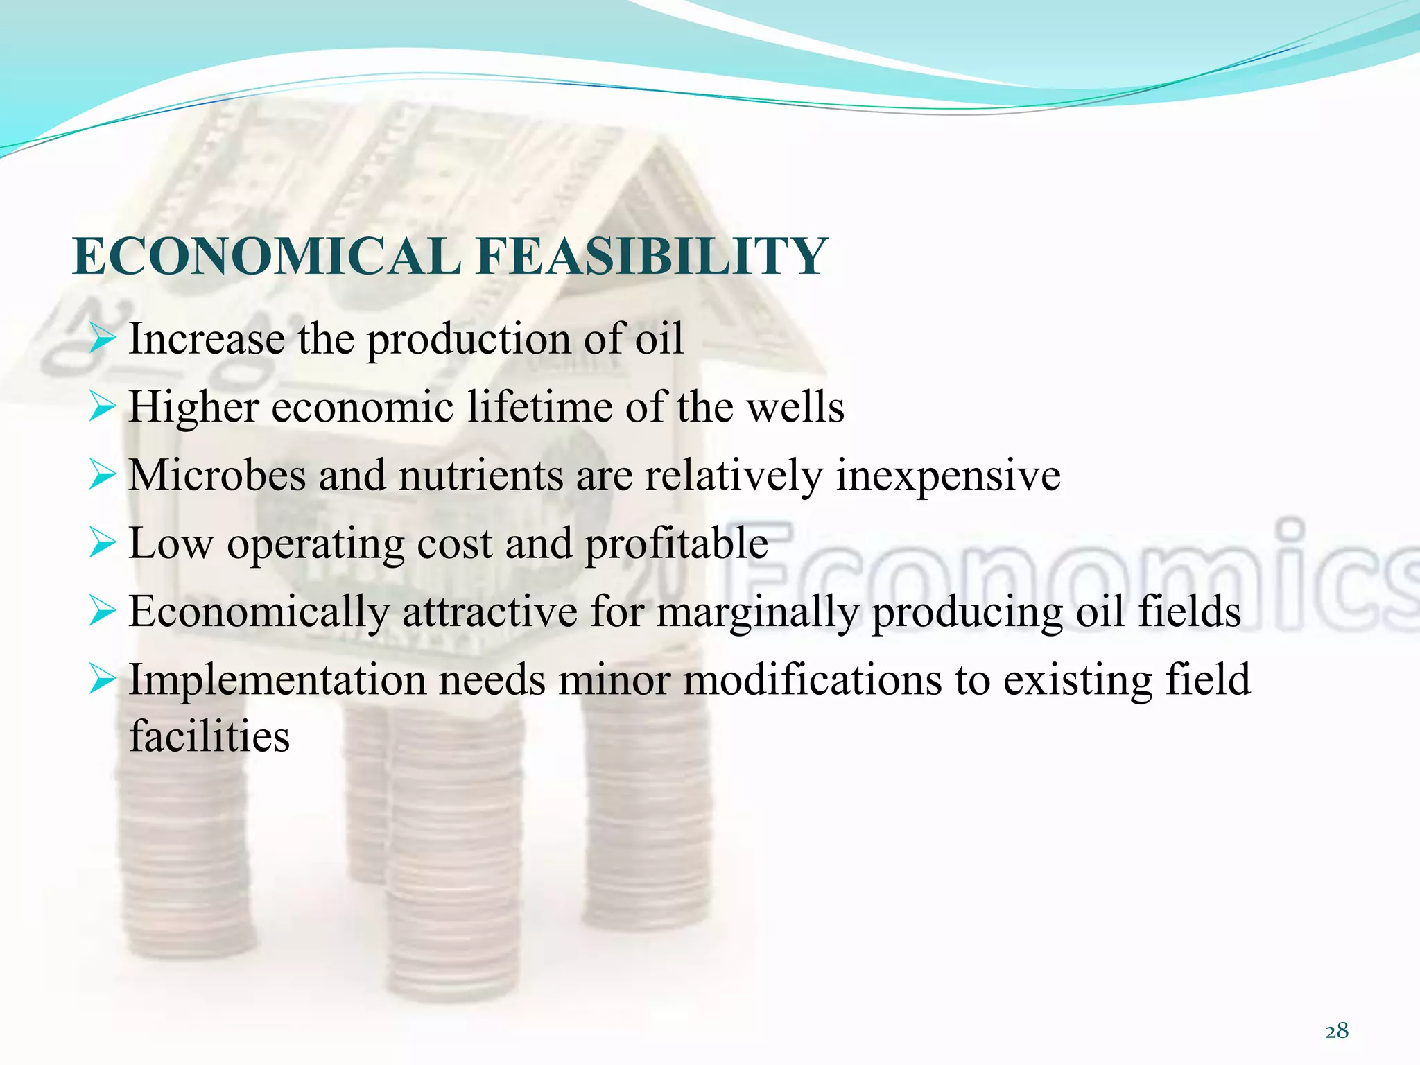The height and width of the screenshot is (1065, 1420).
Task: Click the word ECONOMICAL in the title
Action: (267, 257)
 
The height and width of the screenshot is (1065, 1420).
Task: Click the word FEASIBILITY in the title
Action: (652, 257)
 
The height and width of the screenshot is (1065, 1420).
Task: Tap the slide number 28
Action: (1337, 1031)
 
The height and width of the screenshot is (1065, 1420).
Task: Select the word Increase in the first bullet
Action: (207, 339)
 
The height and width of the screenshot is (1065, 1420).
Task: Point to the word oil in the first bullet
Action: (659, 339)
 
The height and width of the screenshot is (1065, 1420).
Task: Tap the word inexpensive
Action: (948, 476)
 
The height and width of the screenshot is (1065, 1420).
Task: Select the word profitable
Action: (676, 544)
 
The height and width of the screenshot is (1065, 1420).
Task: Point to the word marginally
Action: (757, 612)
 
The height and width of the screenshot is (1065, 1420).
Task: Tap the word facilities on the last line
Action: (209, 736)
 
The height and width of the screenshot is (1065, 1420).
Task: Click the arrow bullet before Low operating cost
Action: (101, 545)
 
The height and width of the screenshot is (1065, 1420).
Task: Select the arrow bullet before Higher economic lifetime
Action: (101, 408)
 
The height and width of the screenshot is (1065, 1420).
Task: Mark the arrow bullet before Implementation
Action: (101, 681)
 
